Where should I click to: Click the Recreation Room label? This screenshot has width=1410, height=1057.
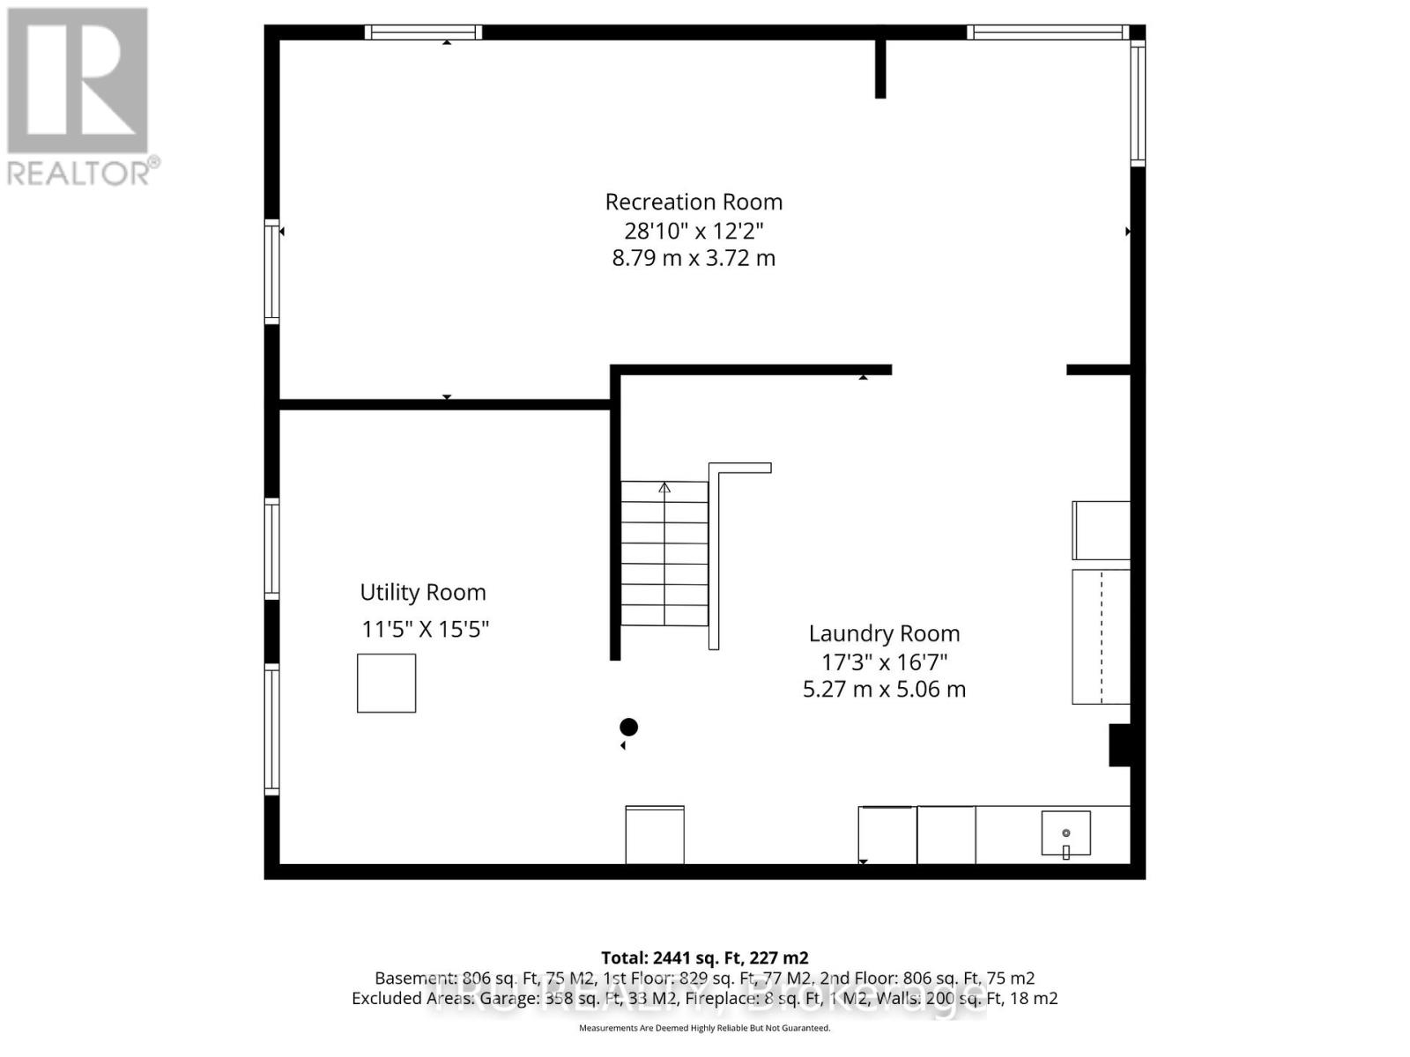point(694,202)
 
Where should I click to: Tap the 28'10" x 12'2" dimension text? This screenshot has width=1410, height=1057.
point(694,231)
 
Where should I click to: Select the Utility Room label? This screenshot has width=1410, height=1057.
point(423,592)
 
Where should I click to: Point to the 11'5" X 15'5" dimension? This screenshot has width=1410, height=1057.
point(425,629)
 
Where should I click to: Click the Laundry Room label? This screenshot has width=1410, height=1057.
point(884,633)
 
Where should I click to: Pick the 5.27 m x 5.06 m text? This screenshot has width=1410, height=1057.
point(884,689)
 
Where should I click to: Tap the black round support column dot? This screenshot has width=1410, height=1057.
point(628,727)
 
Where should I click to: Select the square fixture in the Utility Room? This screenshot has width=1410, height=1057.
point(386,683)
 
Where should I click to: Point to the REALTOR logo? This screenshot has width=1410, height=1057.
point(79,96)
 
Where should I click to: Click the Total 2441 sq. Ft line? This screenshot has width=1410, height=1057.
point(704,957)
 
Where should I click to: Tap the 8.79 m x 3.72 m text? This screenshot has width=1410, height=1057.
point(694,258)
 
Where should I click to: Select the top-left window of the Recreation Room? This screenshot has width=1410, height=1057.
point(423,33)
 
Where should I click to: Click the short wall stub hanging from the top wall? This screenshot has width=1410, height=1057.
point(879,69)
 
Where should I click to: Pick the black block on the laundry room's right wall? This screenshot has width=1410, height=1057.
point(1119,745)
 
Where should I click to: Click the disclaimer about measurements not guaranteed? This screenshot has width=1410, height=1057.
point(704,1028)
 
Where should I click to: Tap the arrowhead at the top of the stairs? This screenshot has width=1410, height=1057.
point(664,487)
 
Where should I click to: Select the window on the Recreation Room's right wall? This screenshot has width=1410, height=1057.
point(1138,104)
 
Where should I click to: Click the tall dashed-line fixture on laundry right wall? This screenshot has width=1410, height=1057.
point(1101,636)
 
